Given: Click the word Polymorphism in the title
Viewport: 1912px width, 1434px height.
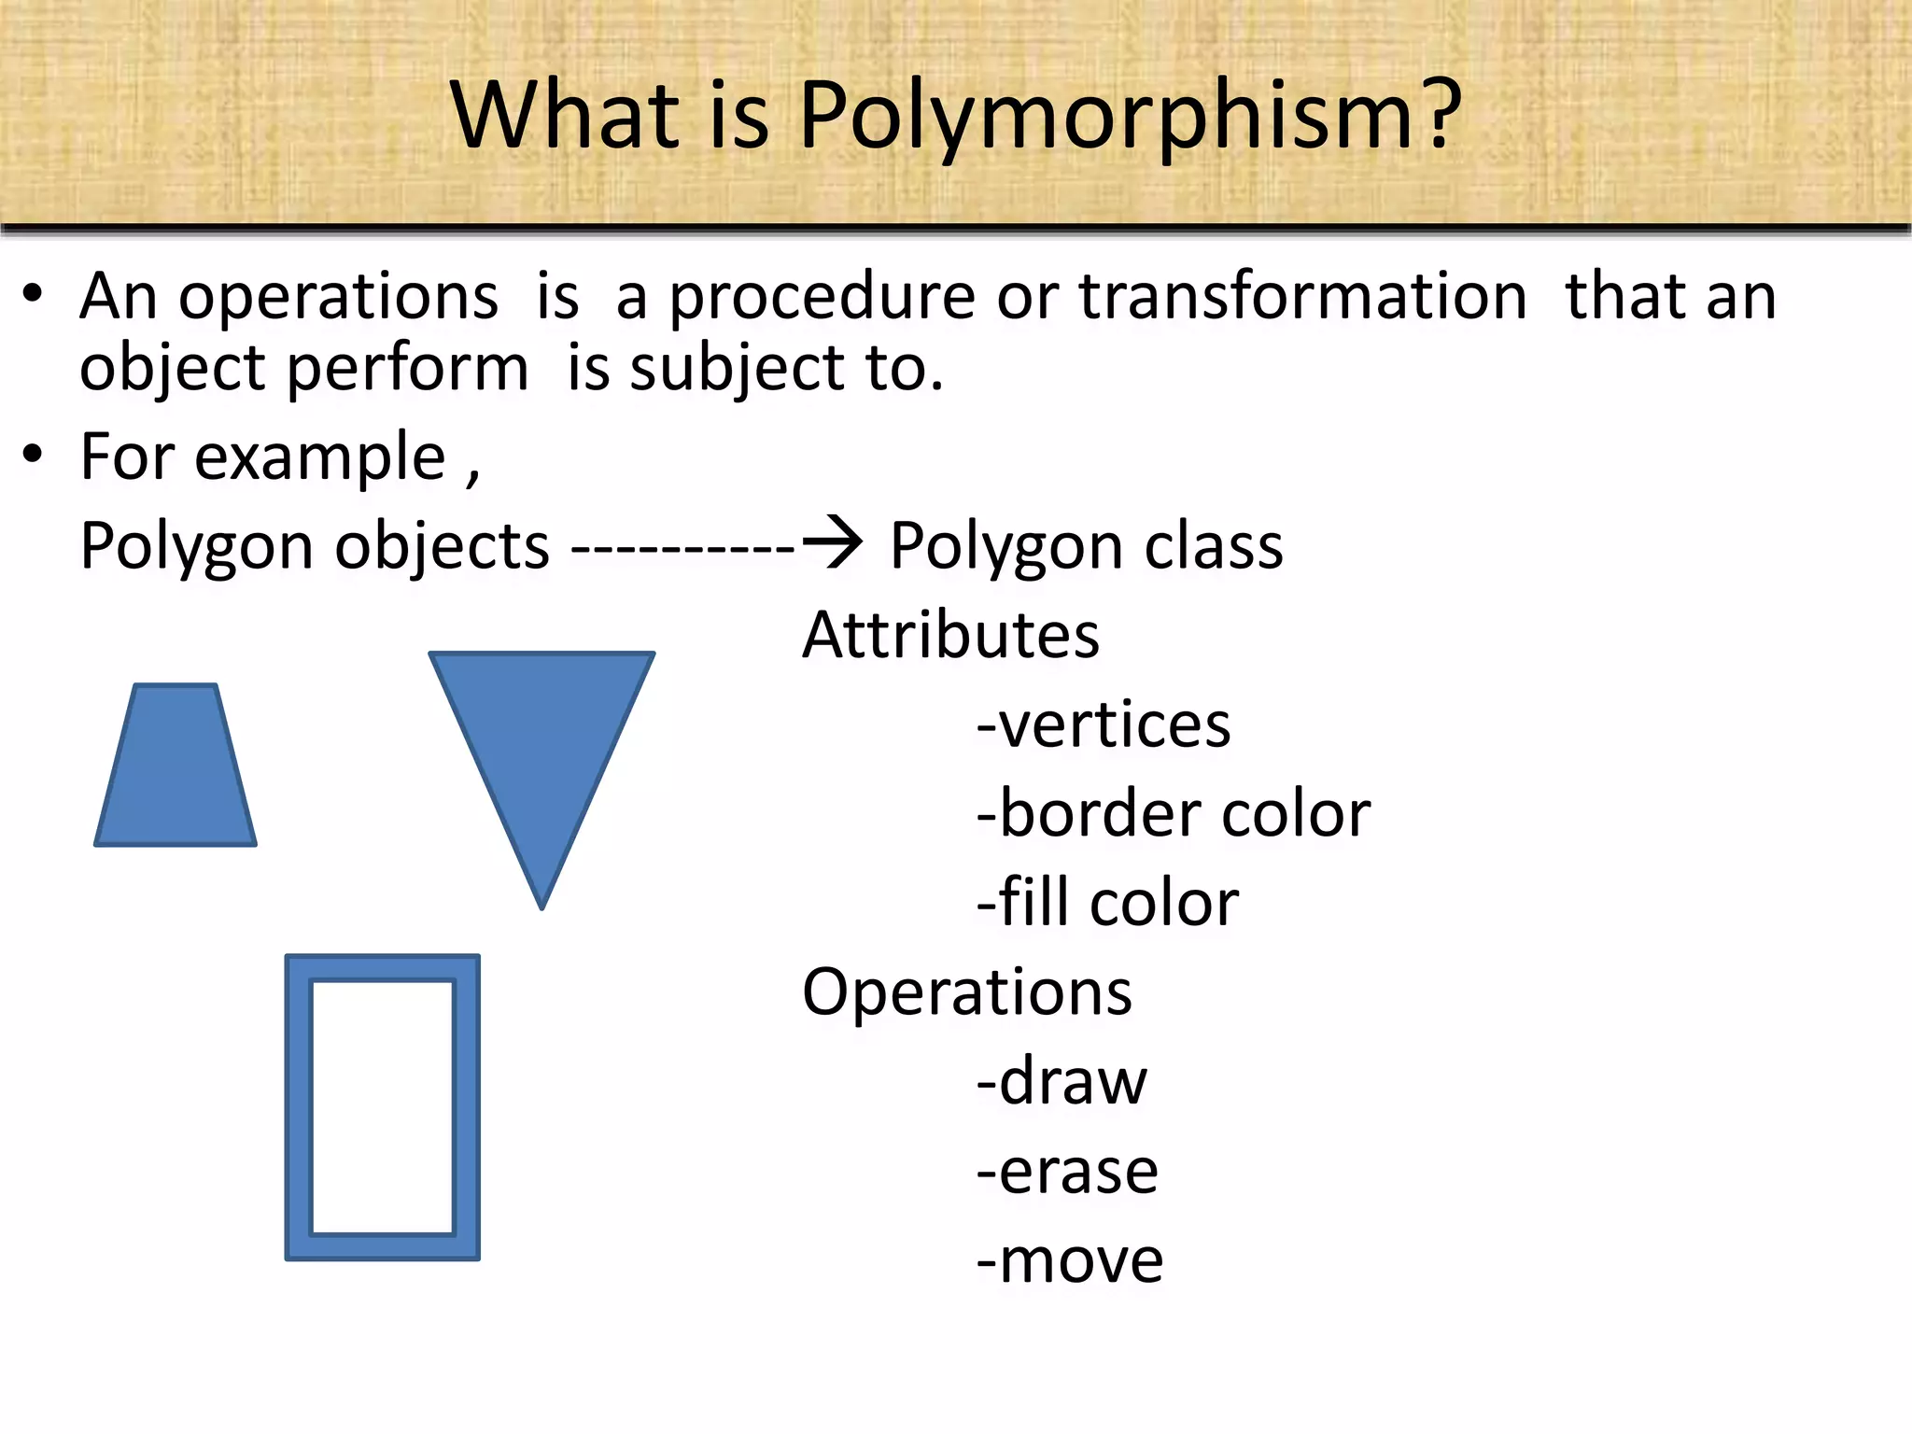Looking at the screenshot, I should (1102, 117).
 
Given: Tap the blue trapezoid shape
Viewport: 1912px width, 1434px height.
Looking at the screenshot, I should (176, 770).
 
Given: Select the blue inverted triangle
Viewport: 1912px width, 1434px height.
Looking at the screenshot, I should (541, 738).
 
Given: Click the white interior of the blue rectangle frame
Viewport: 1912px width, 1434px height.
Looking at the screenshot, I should (382, 1106).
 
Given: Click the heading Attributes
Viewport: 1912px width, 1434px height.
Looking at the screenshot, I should (950, 636).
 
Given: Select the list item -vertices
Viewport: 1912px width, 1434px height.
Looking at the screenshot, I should (1104, 724).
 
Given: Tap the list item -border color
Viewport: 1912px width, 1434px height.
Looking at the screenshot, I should (1173, 814).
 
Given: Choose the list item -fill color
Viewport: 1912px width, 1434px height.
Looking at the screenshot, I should (1107, 903).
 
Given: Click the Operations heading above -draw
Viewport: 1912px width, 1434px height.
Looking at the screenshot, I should (966, 992).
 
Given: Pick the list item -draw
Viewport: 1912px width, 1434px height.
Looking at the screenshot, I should (1061, 1082).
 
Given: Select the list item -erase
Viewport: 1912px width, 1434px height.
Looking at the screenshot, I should (1067, 1171).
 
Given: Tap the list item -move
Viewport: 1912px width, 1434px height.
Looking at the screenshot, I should (1070, 1260).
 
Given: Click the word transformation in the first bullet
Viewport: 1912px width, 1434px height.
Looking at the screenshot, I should (1303, 297).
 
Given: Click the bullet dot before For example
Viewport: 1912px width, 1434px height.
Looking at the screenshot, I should (34, 456).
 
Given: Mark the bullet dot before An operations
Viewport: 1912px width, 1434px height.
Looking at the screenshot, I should (34, 295).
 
